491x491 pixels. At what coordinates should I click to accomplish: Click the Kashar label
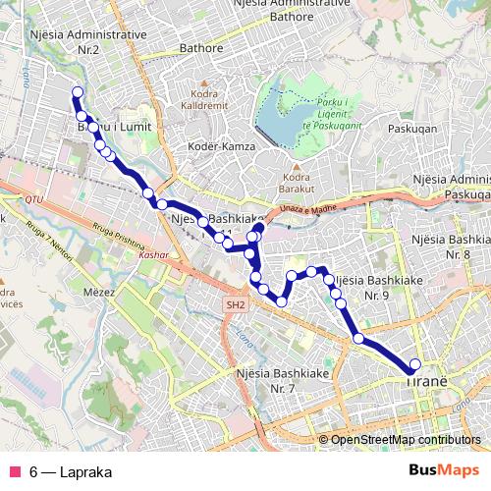(x=155, y=254)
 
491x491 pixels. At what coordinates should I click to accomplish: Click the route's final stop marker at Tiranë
(x=414, y=364)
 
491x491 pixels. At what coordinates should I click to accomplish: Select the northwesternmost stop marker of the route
(x=77, y=92)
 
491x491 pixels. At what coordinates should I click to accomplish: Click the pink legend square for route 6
(x=15, y=471)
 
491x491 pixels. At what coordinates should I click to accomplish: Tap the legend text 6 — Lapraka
(x=71, y=471)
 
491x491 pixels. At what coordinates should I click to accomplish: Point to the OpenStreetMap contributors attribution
(x=406, y=439)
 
